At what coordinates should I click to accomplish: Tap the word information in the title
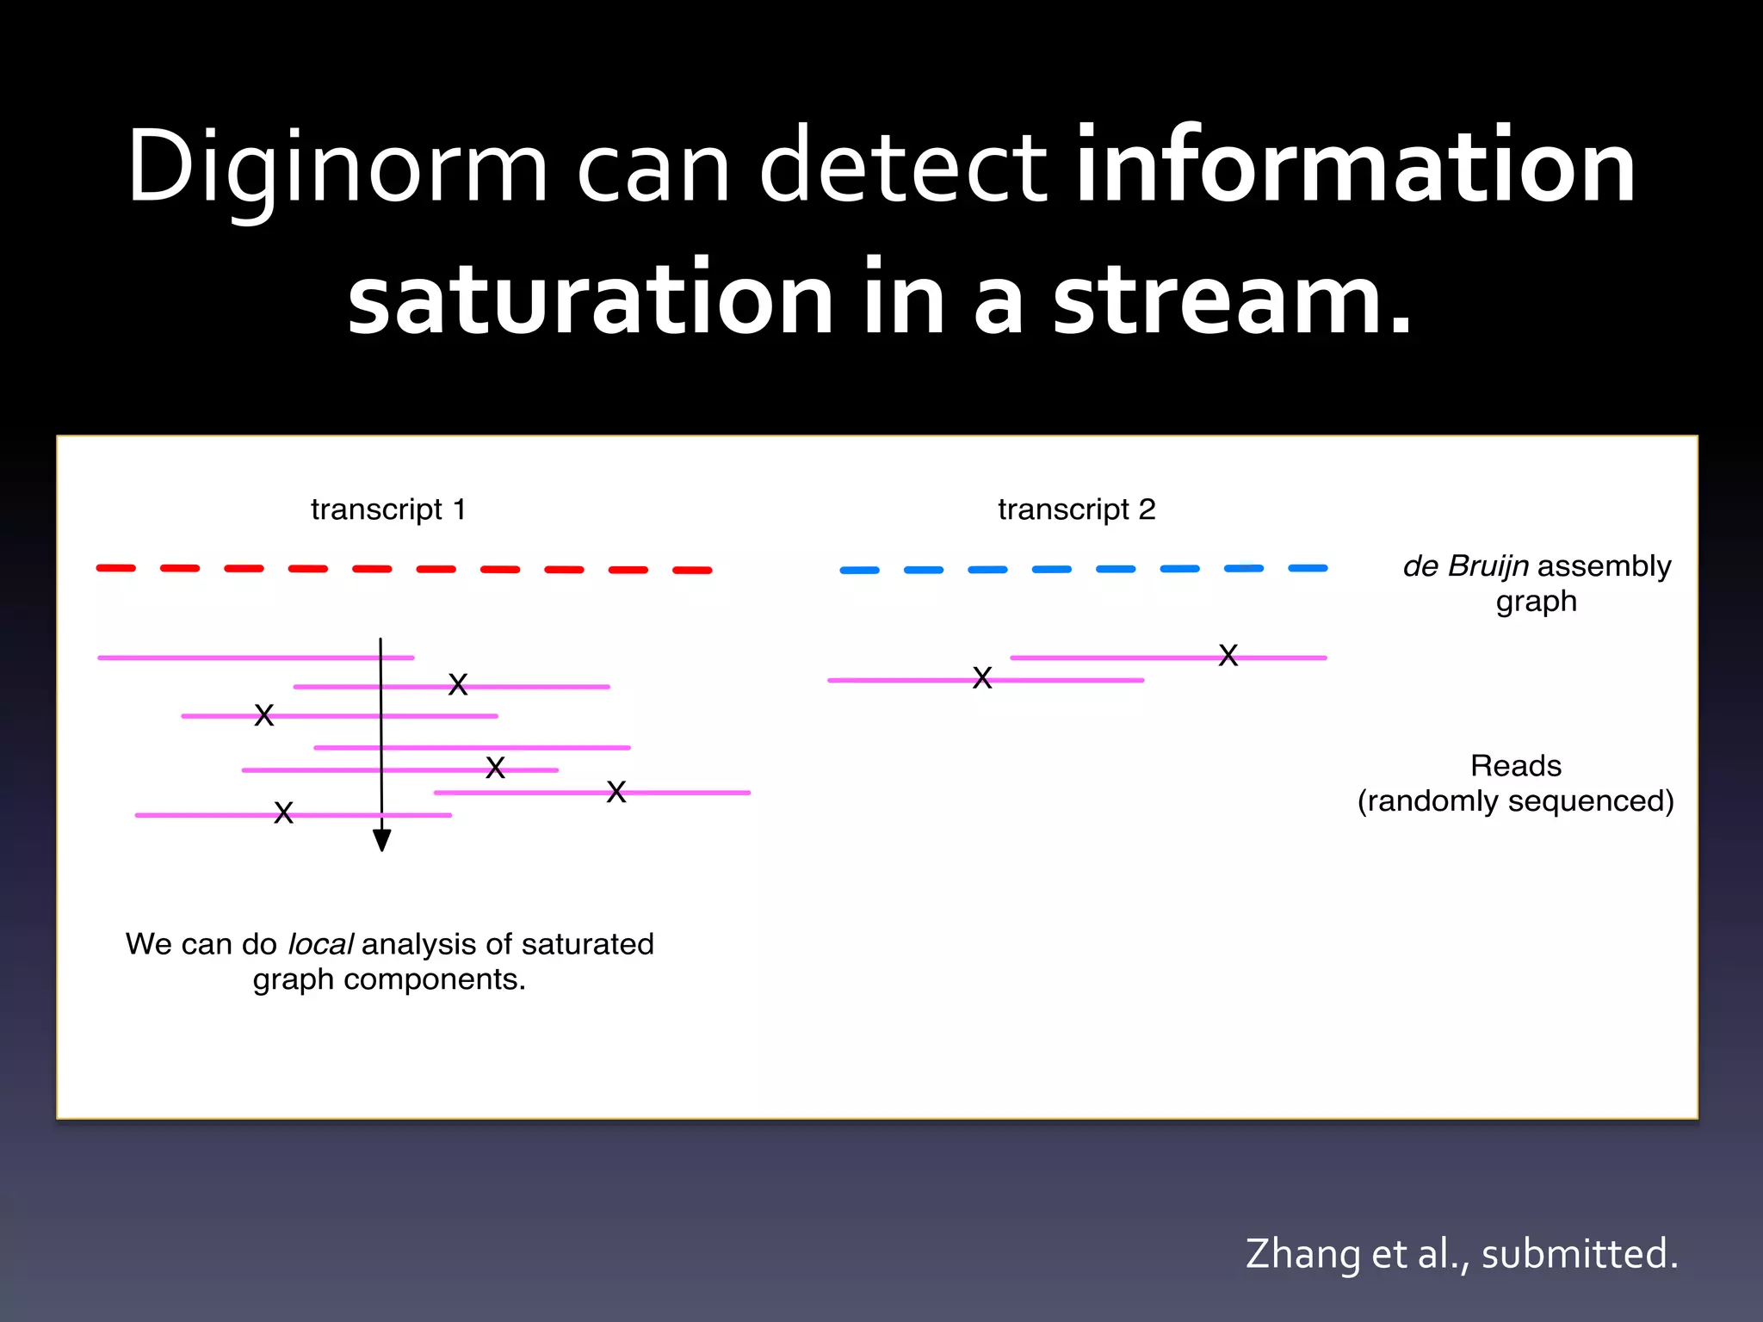click(1356, 165)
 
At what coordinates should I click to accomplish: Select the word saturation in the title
click(591, 299)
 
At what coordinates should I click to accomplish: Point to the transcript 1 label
click(388, 510)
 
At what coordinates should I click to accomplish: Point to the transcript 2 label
click(1076, 510)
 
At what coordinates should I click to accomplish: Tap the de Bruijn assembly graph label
click(1537, 583)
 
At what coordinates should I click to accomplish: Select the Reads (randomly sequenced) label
click(1515, 783)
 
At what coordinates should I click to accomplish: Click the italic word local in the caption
click(319, 944)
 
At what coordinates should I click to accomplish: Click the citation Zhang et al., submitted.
click(1461, 1253)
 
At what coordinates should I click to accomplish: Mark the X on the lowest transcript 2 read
click(982, 678)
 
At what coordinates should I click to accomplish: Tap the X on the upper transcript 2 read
click(1228, 656)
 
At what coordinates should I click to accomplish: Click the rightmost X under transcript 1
click(616, 793)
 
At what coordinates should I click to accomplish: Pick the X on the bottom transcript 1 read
click(284, 813)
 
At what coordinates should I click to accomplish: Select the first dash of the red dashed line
click(116, 568)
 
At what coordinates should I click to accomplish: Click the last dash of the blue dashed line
click(1308, 568)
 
